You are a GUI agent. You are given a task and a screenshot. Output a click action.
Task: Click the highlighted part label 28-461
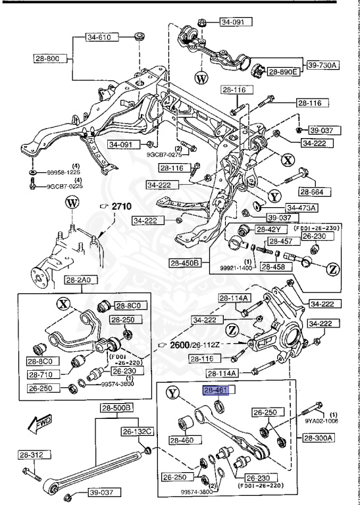click(215, 391)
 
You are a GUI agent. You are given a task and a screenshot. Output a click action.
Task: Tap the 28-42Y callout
click(269, 229)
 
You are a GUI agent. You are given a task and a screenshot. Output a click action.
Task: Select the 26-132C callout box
click(137, 431)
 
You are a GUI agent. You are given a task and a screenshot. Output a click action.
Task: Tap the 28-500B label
click(117, 408)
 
